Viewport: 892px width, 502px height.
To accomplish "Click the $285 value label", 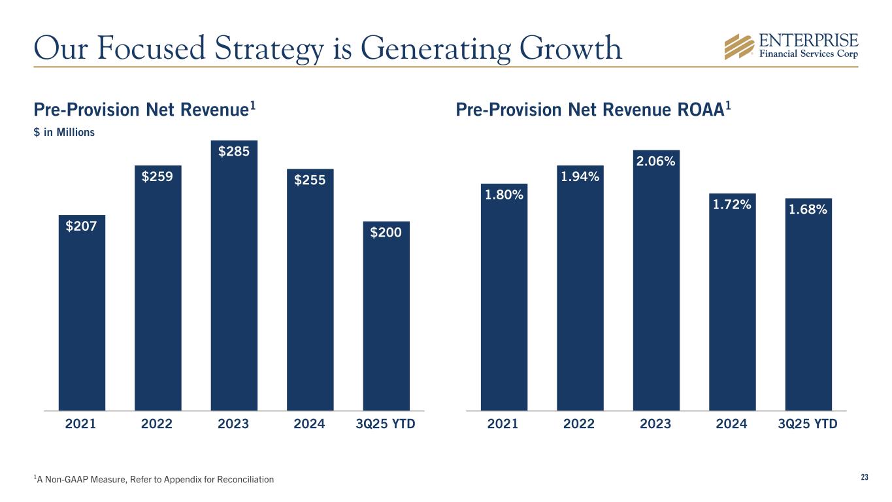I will coord(233,152).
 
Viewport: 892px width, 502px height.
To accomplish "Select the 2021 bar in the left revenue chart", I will coord(82,314).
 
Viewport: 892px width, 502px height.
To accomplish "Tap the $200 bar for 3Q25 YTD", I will coord(386,320).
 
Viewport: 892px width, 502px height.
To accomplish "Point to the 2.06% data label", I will coord(655,161).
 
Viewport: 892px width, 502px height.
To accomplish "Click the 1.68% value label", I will coord(808,210).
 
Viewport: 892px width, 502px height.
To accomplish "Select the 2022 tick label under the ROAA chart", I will coord(579,424).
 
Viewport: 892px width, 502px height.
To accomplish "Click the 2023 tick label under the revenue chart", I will coord(233,424).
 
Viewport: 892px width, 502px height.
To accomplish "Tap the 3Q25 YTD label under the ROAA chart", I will coord(808,424).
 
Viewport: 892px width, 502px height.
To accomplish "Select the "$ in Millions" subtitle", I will coord(64,132).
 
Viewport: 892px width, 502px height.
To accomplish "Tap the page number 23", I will coord(865,478).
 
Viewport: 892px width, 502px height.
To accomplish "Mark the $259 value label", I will coord(157,176).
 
